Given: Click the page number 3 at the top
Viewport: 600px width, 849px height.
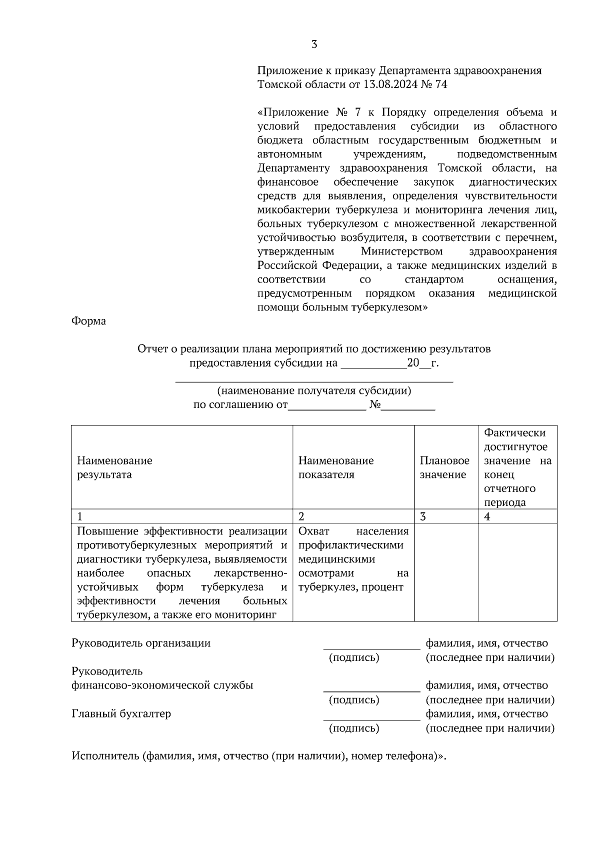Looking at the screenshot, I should point(314,44).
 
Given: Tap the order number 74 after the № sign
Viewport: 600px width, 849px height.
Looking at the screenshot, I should point(441,84).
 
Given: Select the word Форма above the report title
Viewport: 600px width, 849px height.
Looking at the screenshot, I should point(88,321).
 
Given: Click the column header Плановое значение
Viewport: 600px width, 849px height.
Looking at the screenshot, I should point(444,467).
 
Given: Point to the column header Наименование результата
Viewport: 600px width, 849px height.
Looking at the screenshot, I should point(114,467).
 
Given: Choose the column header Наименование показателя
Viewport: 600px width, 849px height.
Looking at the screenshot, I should point(336,467).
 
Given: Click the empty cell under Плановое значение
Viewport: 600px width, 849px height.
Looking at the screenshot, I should point(446,572).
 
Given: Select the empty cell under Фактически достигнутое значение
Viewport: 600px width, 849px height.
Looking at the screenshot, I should point(517,572).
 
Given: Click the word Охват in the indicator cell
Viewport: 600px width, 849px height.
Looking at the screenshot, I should point(314,531).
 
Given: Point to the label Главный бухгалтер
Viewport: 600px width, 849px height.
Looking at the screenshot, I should point(121,714).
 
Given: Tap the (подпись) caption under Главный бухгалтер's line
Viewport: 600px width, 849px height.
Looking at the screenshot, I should point(354,728).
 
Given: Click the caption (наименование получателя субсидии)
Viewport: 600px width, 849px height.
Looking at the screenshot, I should point(314,390).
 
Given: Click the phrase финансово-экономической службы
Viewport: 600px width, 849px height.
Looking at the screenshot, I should point(162,685).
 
